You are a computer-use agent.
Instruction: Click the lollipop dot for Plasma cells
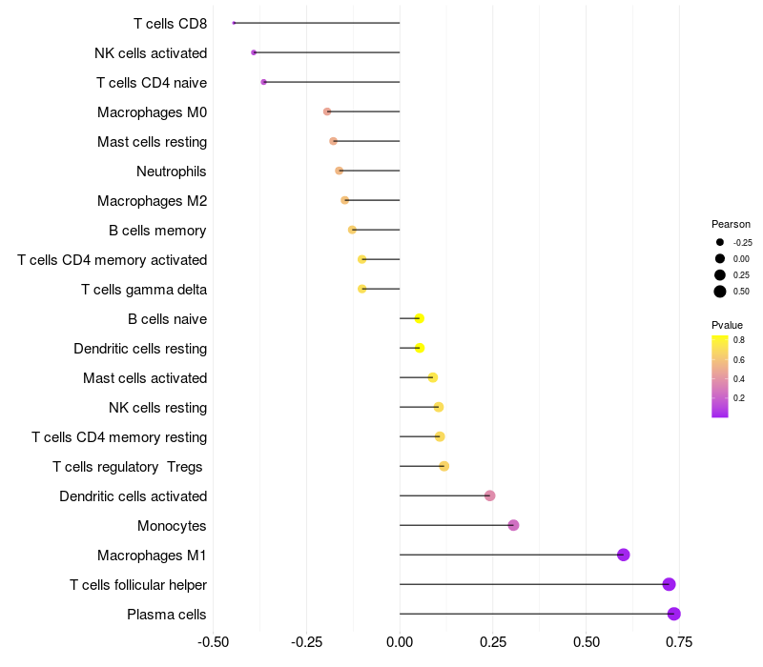pos(673,614)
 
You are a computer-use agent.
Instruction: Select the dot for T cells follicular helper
pos(669,584)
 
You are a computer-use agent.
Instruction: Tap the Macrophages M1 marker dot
pos(623,555)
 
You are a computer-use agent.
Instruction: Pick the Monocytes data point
pos(513,525)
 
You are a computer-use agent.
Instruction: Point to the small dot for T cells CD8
pos(234,23)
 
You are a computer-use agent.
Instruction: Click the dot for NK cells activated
pos(254,52)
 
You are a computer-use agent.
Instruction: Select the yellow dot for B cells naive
pos(419,318)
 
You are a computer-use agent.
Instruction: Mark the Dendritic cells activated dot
pos(489,495)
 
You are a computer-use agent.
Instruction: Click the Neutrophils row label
pos(172,172)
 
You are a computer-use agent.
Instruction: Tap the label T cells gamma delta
pos(144,290)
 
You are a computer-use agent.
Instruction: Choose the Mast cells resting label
pos(152,142)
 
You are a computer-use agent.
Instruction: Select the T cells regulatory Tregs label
pos(130,467)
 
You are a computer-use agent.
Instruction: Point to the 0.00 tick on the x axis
pos(400,642)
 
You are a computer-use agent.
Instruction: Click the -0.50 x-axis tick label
pos(213,642)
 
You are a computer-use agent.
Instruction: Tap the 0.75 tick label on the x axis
pos(679,642)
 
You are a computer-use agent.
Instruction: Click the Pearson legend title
pos(731,224)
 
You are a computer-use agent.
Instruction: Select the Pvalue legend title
pos(727,325)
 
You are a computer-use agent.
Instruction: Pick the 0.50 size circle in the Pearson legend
pos(720,292)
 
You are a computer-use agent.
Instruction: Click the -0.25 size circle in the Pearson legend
pos(720,242)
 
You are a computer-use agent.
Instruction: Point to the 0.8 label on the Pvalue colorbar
pos(739,339)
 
